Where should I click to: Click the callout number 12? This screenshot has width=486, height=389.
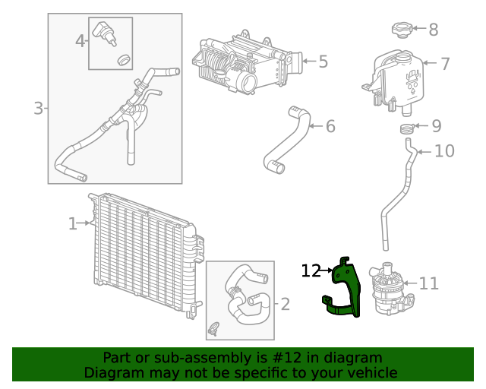point(311,270)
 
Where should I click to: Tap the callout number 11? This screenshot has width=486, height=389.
point(429,283)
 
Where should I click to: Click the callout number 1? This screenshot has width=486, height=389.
point(73,223)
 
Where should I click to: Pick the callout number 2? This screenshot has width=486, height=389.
point(285,305)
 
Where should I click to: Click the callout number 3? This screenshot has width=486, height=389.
point(38,109)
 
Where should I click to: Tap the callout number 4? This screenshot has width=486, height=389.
point(80,40)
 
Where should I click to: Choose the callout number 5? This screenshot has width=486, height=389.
point(323,61)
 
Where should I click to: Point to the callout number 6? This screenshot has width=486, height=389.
point(330,126)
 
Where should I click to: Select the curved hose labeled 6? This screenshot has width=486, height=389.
point(289,141)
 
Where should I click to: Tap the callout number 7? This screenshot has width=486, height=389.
point(445,64)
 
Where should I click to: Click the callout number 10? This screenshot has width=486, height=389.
point(444,151)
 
